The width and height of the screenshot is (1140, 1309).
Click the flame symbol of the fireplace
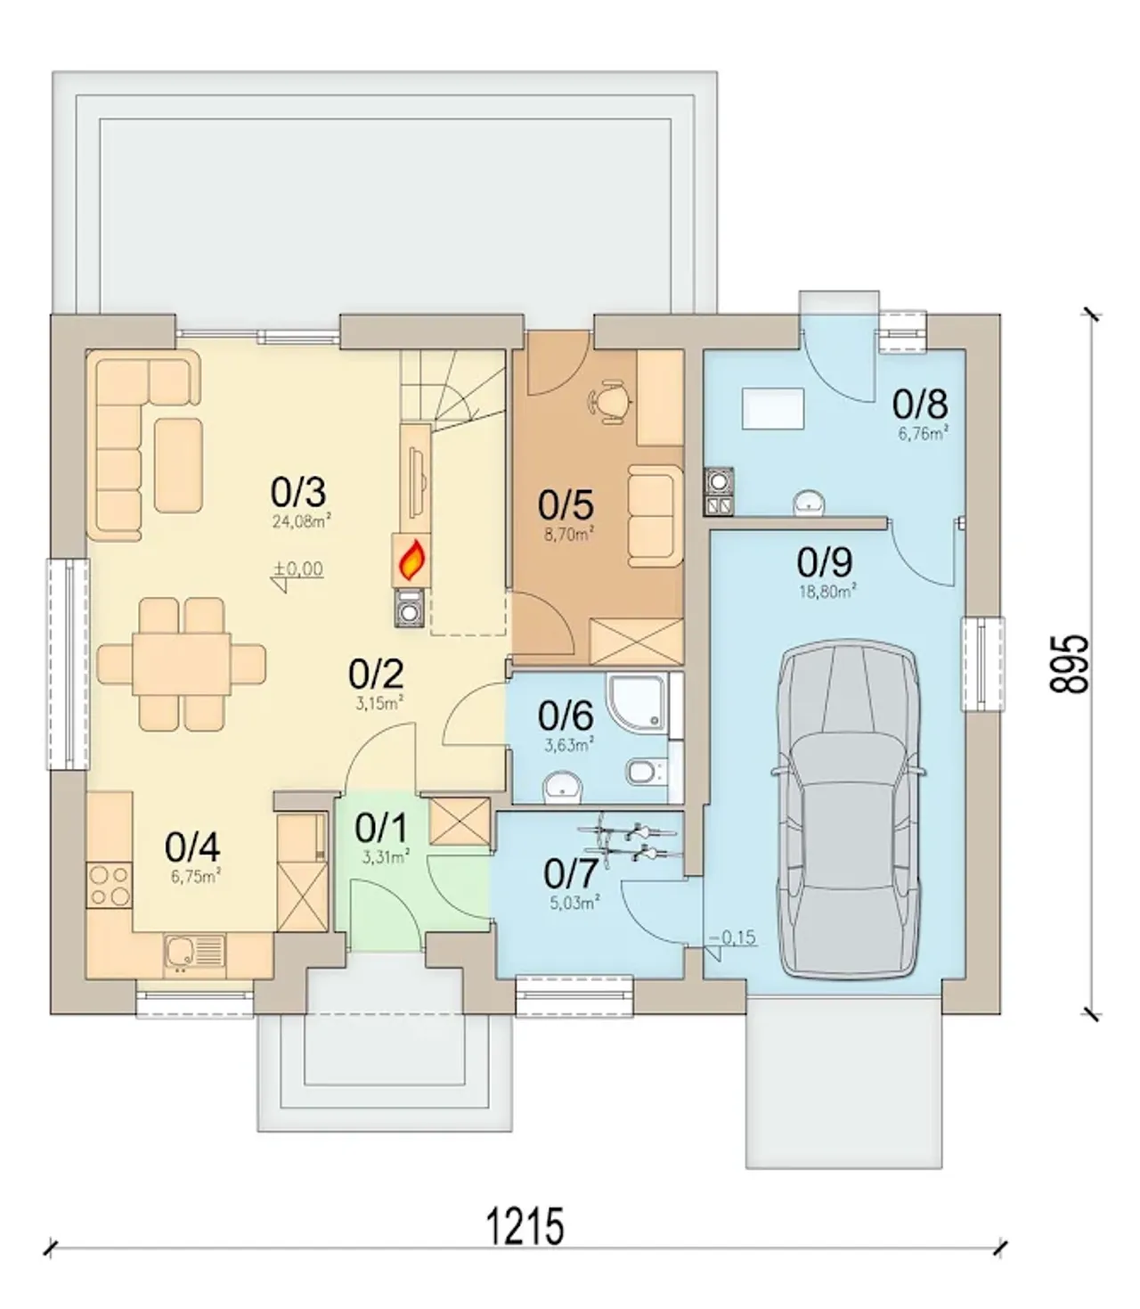[412, 560]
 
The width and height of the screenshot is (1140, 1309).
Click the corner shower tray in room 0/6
[636, 701]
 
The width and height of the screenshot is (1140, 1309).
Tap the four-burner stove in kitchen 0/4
[110, 885]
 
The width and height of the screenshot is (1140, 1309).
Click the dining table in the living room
[183, 664]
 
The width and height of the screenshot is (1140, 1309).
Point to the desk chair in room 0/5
[610, 400]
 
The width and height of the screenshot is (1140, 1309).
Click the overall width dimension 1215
[525, 1225]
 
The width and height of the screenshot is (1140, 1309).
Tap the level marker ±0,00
[298, 569]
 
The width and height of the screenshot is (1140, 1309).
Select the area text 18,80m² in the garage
[828, 592]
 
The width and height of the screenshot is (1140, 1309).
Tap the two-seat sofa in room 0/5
[651, 516]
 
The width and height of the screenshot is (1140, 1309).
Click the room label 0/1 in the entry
[381, 829]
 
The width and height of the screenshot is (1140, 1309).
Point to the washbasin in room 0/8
[809, 503]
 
